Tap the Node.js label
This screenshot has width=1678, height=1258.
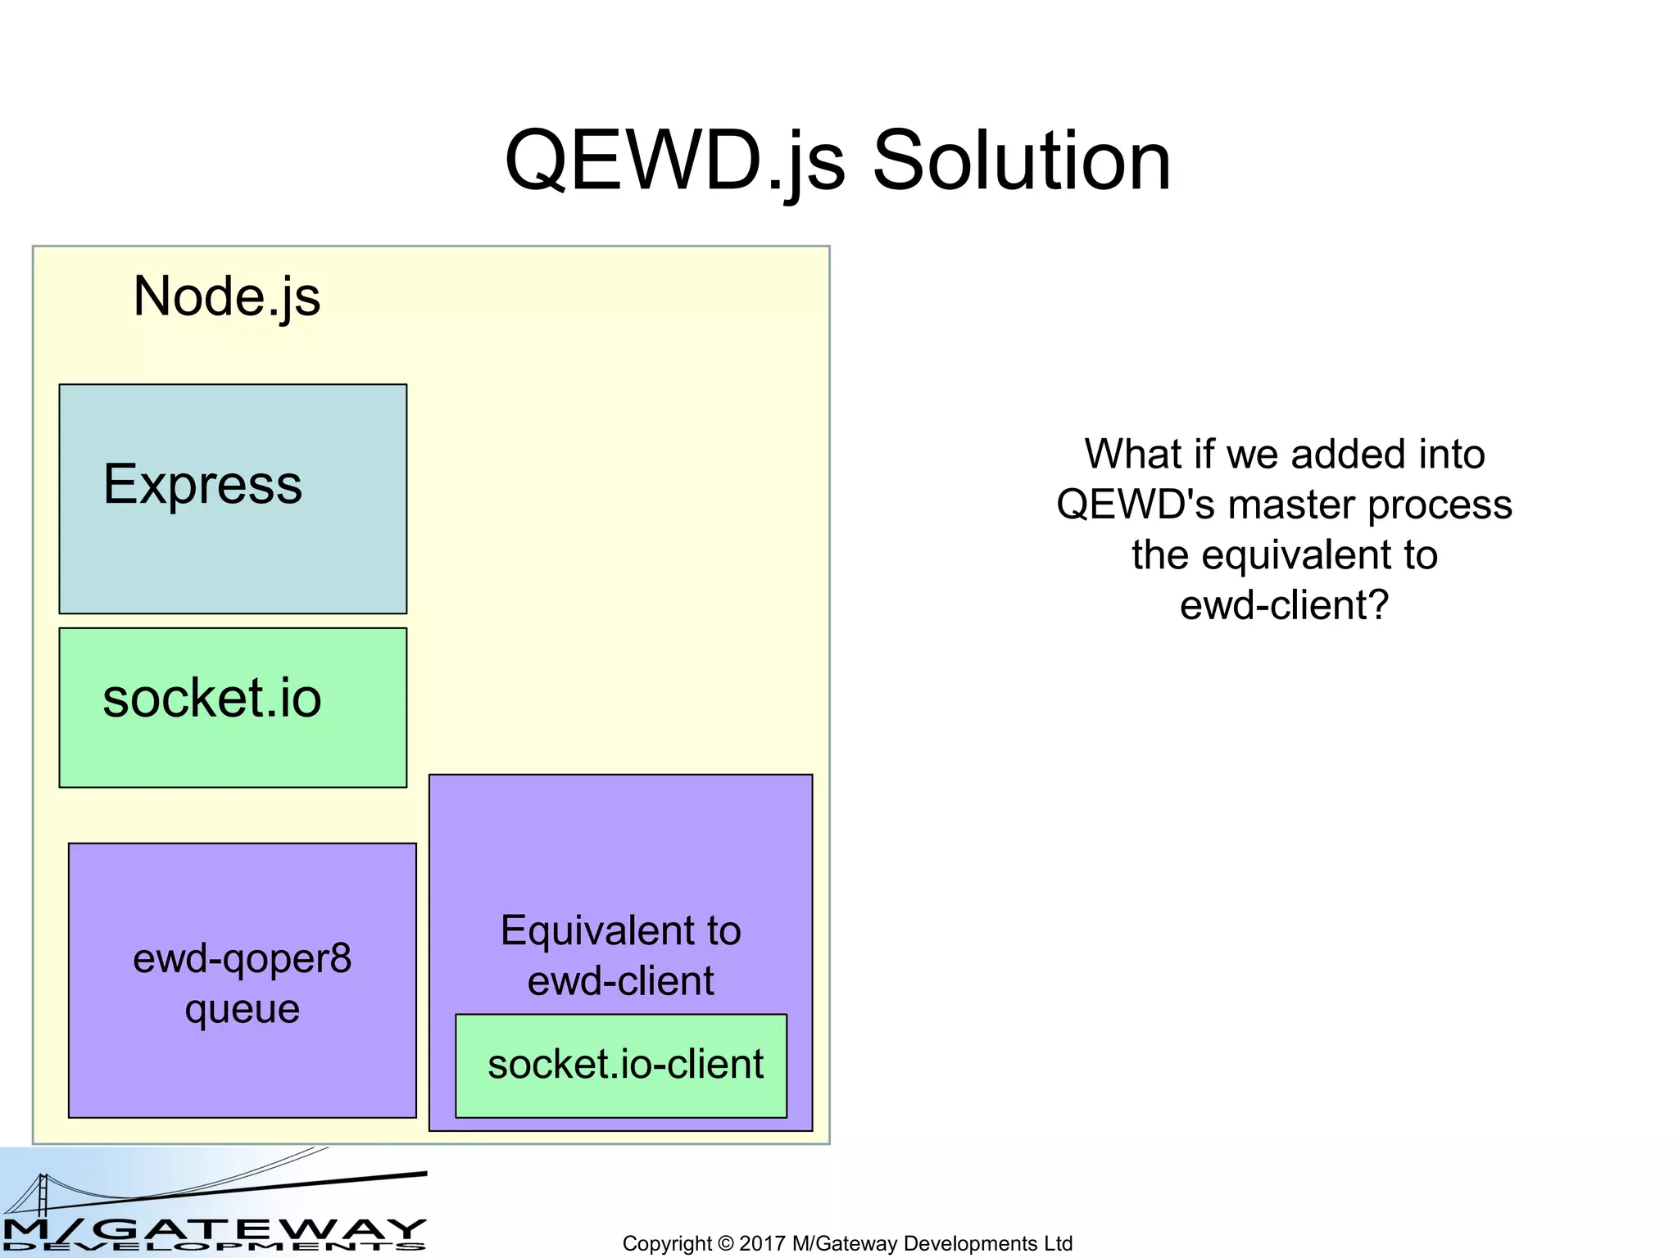(x=226, y=296)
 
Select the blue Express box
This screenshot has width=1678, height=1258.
(x=233, y=541)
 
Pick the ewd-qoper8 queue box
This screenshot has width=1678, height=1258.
(x=243, y=1065)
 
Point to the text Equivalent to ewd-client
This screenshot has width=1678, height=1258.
(x=620, y=955)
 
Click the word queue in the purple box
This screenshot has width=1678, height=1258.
(x=243, y=1009)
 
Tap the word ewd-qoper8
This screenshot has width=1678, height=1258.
(x=243, y=958)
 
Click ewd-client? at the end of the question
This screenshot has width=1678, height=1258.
(x=1284, y=606)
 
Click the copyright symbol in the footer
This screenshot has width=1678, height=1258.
(x=725, y=1243)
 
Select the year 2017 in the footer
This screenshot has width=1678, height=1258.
(x=762, y=1243)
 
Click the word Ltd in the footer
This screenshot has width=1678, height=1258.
(x=1058, y=1243)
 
